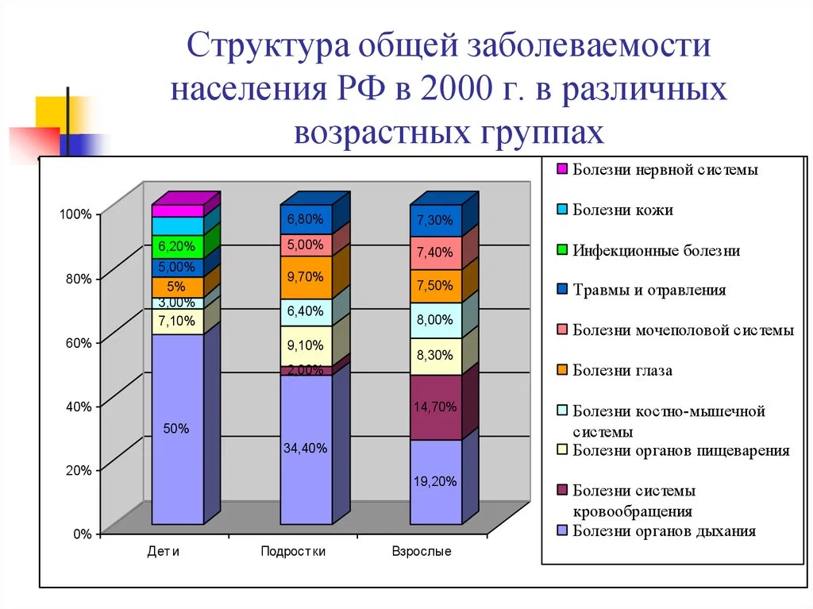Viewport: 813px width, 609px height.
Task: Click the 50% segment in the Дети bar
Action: [177, 429]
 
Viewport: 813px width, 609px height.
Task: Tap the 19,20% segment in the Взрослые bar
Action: [436, 482]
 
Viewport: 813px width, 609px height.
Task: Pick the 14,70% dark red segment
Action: [436, 407]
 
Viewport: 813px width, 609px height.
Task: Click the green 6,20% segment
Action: [177, 246]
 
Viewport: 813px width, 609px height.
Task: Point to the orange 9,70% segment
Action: [306, 277]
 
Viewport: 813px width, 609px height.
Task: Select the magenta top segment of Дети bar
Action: [177, 210]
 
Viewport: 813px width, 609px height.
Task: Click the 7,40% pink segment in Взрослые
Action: [436, 252]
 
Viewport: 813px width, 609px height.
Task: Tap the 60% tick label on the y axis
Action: [79, 343]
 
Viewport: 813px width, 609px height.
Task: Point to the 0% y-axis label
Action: [83, 534]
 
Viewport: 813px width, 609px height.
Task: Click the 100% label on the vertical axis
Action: [75, 214]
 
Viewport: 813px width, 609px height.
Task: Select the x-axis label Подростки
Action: [293, 551]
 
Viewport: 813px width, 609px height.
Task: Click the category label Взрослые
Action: [422, 551]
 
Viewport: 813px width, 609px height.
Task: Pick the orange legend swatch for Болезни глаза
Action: [562, 370]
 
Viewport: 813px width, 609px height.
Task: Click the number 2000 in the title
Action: [457, 89]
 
